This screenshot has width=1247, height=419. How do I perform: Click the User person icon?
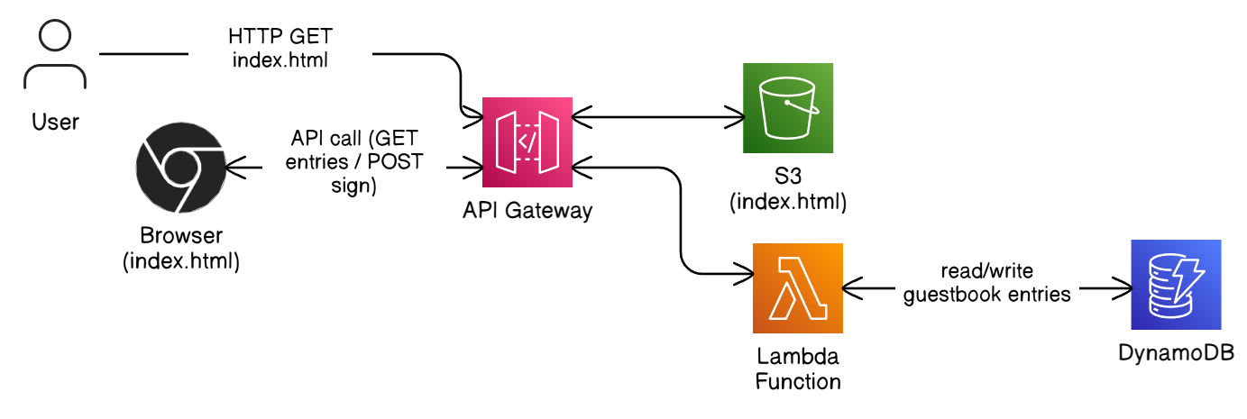click(x=56, y=56)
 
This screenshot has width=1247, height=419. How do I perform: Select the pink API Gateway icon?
click(x=527, y=141)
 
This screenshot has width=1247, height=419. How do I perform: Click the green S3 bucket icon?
click(x=787, y=108)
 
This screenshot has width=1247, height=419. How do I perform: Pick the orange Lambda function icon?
click(x=797, y=288)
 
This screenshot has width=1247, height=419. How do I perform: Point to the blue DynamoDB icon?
click(x=1176, y=285)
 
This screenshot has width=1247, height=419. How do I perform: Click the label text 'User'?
click(x=55, y=121)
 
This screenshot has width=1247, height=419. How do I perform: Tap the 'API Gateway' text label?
click(x=527, y=212)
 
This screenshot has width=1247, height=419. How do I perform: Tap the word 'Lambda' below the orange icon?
click(x=798, y=358)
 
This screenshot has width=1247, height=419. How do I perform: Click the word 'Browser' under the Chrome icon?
click(x=181, y=237)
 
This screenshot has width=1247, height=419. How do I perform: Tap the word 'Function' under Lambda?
click(x=798, y=380)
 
